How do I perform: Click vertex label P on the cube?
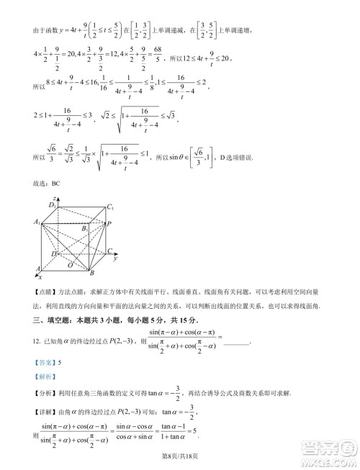[108, 224]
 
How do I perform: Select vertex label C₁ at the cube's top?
[111, 207]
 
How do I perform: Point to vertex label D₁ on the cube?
[52, 206]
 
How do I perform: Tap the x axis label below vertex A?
[40, 276]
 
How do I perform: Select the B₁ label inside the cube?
[85, 228]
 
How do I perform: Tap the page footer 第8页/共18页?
[179, 457]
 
